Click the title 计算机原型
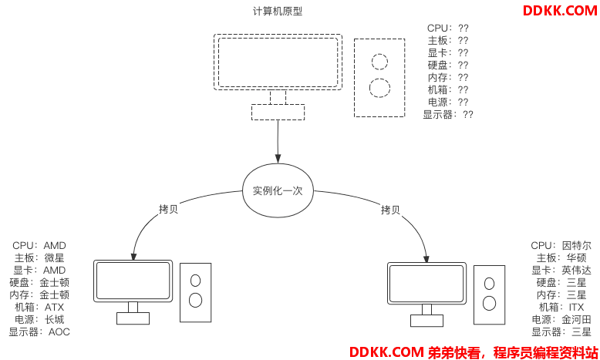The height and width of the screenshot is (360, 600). [278, 12]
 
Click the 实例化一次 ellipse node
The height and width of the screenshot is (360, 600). [278, 190]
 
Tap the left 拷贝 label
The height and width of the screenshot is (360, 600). [168, 209]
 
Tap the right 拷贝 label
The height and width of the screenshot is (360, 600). [390, 209]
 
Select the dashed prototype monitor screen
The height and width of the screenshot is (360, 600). [278, 62]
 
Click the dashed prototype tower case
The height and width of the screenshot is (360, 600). [379, 77]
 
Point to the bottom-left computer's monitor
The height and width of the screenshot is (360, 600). [133, 281]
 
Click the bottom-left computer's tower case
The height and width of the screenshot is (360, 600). [195, 292]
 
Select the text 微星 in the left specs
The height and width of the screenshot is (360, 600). [54, 258]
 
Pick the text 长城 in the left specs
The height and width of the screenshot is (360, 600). [54, 320]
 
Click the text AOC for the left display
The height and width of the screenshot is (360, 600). [59, 332]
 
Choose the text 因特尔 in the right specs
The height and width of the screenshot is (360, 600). [577, 246]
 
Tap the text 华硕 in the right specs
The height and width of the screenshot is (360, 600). [576, 258]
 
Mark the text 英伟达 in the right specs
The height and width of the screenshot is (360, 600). [576, 271]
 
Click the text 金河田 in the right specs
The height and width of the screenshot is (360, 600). [576, 320]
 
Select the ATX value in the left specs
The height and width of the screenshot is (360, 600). [55, 308]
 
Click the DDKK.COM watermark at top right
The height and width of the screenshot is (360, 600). [559, 11]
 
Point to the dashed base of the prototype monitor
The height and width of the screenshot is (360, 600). [278, 113]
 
